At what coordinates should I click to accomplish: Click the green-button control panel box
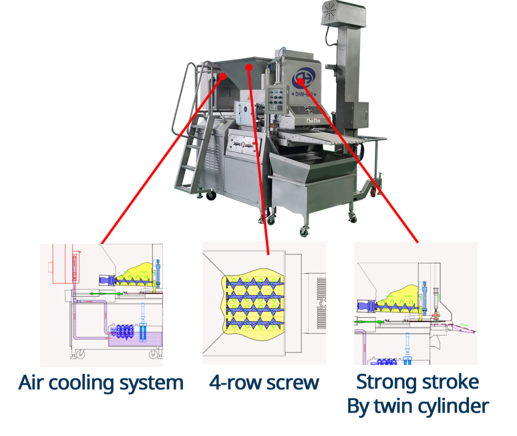(277, 98)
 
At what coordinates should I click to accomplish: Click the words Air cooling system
(101, 383)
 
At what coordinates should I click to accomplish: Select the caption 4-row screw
(264, 383)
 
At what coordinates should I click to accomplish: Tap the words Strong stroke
(418, 382)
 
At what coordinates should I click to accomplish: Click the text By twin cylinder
(418, 406)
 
